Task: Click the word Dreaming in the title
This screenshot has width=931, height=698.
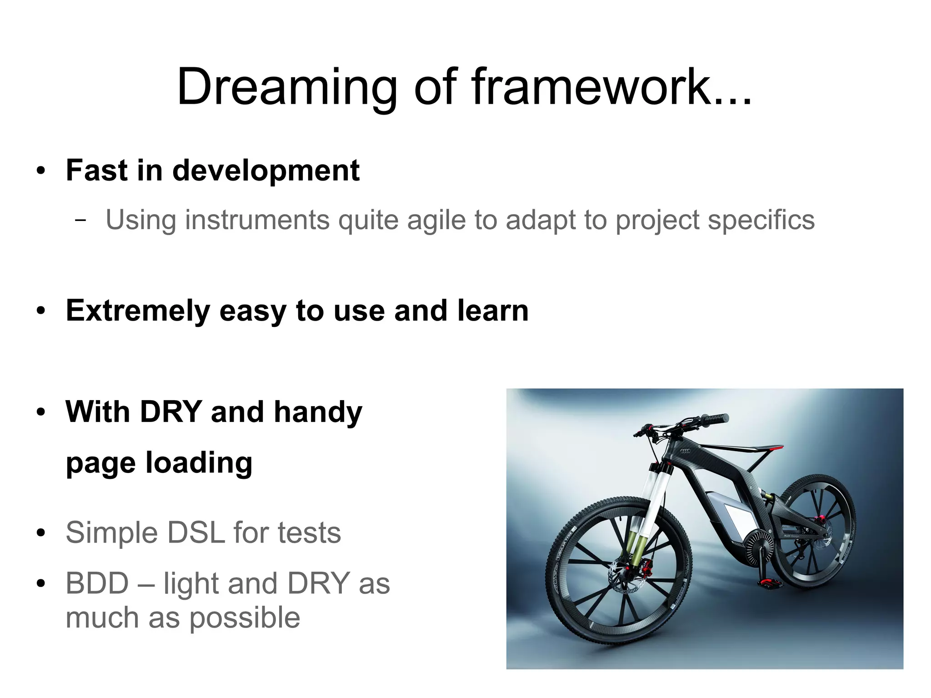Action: click(286, 87)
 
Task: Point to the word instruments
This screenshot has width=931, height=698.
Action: click(257, 220)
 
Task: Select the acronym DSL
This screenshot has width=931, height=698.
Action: click(196, 532)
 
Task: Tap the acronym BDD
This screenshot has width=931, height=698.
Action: click(97, 583)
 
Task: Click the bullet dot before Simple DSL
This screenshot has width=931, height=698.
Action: click(41, 533)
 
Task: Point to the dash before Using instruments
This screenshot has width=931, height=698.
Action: click(80, 220)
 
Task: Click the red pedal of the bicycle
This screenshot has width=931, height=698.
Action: click(770, 583)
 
